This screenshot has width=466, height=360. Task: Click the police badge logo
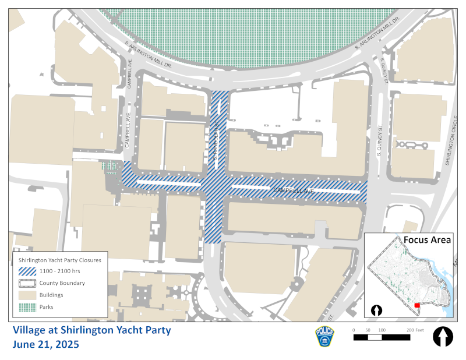click(324, 337)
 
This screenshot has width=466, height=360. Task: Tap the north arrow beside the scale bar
click(443, 337)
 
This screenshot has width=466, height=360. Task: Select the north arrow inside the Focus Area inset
click(376, 310)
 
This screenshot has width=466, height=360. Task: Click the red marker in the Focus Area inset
click(416, 305)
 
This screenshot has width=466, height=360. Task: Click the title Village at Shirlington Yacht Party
click(92, 330)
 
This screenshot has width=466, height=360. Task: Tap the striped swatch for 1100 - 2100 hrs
click(27, 271)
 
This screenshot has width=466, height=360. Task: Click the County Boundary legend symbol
click(27, 283)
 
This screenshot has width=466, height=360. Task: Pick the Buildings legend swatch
click(27, 295)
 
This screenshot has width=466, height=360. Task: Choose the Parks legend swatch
click(27, 306)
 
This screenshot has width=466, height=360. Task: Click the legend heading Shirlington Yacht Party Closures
click(60, 260)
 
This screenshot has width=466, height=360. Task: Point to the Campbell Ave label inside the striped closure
click(294, 190)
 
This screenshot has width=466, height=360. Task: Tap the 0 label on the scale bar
click(354, 330)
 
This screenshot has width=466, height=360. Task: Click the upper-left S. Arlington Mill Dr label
click(149, 55)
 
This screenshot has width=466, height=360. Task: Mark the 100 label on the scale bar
click(382, 330)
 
